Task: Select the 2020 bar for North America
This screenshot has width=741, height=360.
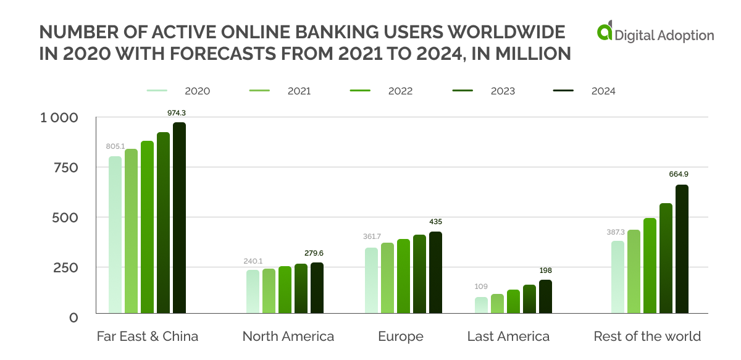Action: (x=253, y=291)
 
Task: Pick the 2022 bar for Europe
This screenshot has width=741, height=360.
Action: (x=403, y=275)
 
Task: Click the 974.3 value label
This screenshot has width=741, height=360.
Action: (x=179, y=113)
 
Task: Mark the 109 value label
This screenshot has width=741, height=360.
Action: (x=481, y=287)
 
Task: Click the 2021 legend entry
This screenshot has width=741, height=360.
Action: (x=280, y=91)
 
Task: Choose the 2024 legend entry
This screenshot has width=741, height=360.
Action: (x=584, y=91)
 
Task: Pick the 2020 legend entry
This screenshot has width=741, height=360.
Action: (x=178, y=91)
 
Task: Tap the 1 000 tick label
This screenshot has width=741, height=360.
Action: (x=59, y=118)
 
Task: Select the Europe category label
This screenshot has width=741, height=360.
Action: (x=401, y=337)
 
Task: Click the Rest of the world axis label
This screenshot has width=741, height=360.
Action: (x=647, y=337)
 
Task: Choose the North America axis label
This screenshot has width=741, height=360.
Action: (x=288, y=337)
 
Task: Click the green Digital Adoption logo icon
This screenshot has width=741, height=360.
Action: (x=605, y=33)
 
